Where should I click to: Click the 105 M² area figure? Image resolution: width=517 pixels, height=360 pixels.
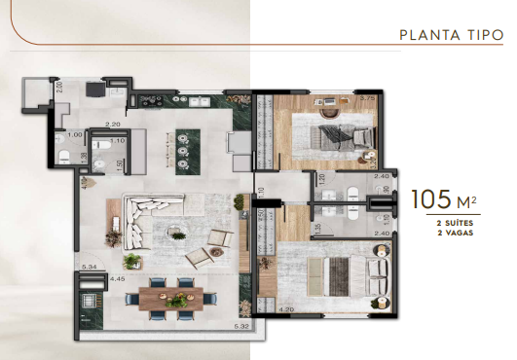(x=443, y=200)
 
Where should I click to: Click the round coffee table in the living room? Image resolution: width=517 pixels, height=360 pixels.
(x=177, y=230)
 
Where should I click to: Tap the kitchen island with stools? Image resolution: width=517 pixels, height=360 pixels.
(x=183, y=151)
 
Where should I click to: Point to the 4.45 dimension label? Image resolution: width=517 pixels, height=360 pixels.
(x=118, y=279)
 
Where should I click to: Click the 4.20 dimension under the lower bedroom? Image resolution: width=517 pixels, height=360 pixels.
(x=287, y=310)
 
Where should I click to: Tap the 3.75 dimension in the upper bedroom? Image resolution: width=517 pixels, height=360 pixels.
(x=368, y=98)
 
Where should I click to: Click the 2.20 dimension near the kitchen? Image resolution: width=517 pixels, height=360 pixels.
(x=113, y=125)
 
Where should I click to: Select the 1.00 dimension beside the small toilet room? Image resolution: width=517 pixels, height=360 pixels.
(x=74, y=135)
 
